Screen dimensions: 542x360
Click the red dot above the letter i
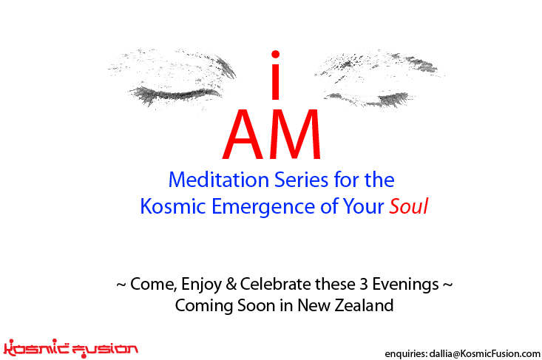tap(275, 54)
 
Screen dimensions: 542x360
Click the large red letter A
tap(243, 134)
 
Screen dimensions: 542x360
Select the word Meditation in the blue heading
tap(218, 180)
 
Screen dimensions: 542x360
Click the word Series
tap(302, 180)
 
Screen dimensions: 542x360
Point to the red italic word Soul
tap(409, 206)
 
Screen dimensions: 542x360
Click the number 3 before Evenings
tap(363, 285)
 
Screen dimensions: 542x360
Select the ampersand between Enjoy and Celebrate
tap(231, 285)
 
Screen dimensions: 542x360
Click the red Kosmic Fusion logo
tap(70, 348)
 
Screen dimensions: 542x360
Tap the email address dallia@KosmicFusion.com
tap(484, 353)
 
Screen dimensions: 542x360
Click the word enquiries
tap(406, 354)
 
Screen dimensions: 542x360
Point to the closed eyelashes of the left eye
tap(174, 95)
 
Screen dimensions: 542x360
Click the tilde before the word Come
tap(121, 285)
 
